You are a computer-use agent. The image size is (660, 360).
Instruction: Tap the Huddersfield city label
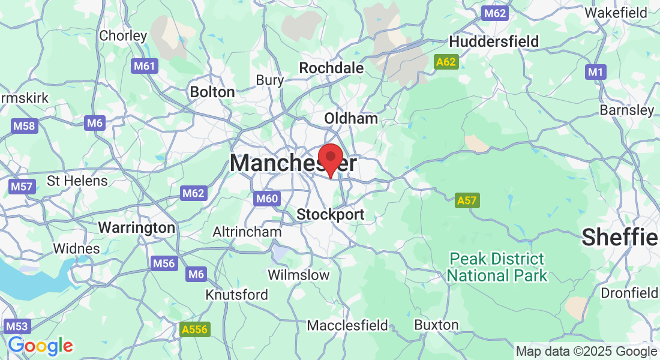(x=494, y=41)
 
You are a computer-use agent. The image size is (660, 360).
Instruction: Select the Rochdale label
(x=331, y=68)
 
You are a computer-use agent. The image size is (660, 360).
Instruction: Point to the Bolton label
(x=212, y=92)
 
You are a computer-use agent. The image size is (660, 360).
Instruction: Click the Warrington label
(x=136, y=227)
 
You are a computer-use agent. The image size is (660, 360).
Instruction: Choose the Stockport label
(x=331, y=214)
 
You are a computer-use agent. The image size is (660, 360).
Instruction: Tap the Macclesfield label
(x=347, y=325)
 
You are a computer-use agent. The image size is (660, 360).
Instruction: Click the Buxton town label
(x=436, y=325)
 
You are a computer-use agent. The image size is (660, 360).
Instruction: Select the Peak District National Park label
(x=497, y=268)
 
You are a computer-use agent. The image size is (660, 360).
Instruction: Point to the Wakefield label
(x=616, y=12)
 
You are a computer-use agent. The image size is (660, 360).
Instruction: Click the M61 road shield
(x=145, y=65)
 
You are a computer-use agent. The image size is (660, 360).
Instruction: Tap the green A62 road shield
(x=446, y=61)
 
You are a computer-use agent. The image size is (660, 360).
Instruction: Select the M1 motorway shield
(x=595, y=72)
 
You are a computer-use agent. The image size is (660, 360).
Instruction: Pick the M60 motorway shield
(x=266, y=199)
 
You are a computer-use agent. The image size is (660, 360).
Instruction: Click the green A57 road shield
(x=467, y=200)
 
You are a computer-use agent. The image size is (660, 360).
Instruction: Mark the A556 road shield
(x=194, y=329)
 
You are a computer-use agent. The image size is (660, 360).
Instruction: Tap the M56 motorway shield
(x=164, y=263)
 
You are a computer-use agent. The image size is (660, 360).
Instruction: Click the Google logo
(x=40, y=346)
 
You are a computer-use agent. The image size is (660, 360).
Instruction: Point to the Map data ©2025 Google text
(x=586, y=351)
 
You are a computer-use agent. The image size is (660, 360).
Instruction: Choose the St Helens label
(x=77, y=181)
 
